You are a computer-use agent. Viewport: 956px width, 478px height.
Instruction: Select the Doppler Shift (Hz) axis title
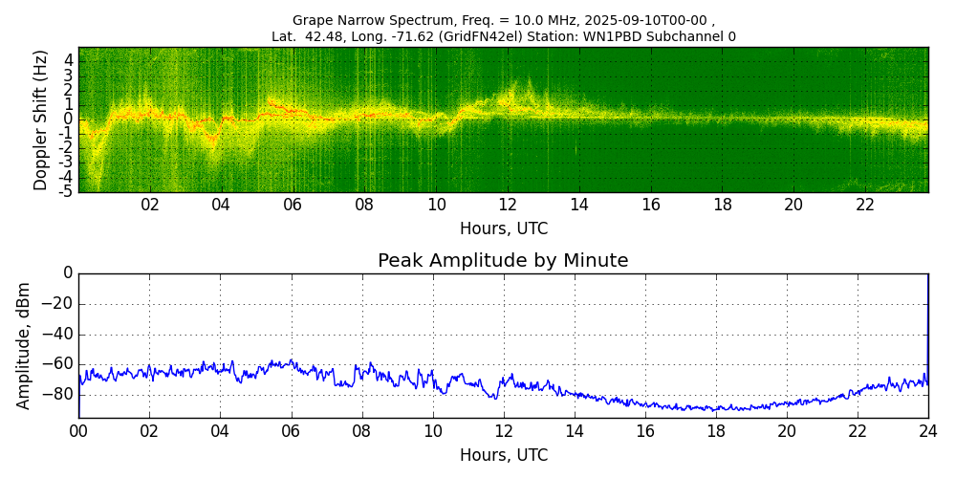41,119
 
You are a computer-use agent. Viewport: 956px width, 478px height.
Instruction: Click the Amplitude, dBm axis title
25,345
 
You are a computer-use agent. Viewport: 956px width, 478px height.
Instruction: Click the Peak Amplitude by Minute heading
503,261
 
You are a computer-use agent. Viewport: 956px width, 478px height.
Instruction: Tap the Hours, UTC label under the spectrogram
503,229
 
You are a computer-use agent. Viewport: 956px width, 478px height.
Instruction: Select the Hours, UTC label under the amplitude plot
503,455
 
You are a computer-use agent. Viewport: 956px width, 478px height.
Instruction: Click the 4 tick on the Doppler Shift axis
69,59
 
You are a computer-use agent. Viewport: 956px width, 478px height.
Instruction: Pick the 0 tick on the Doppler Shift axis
69,119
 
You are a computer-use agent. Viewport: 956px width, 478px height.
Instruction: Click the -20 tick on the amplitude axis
58,304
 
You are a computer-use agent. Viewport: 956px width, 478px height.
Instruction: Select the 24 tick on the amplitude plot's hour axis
927,431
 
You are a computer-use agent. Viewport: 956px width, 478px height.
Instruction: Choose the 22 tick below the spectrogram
865,206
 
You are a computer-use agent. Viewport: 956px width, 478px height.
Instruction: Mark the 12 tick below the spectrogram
508,206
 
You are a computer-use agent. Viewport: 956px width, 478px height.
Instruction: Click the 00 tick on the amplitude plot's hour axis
78,431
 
